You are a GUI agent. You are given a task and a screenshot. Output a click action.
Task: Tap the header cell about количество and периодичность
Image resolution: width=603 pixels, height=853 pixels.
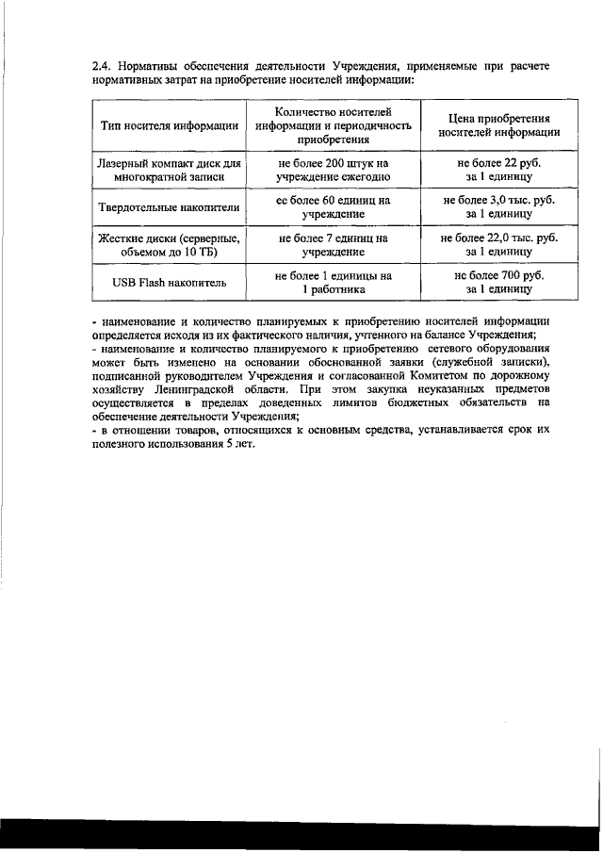pos(334,124)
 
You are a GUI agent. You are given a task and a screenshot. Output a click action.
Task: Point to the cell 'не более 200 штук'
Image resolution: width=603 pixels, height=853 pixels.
pos(334,169)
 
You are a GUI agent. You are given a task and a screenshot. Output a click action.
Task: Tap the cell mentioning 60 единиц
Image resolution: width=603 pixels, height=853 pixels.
pos(334,206)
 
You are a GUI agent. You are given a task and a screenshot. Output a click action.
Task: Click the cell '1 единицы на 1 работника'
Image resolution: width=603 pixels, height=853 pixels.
pos(334,283)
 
